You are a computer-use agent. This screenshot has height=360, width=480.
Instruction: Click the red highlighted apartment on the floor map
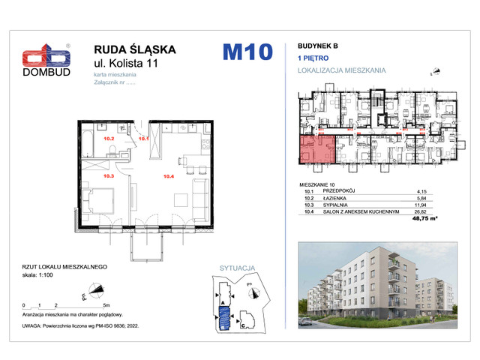coord(316,151)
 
